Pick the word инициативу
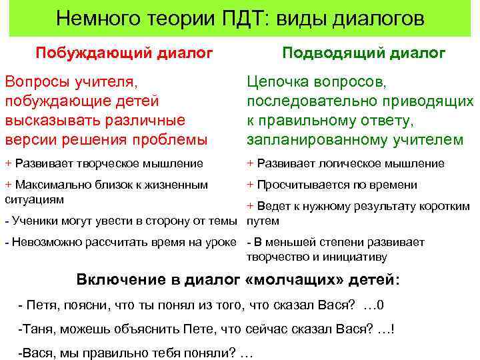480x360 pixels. click(357, 256)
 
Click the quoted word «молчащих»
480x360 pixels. click(291, 281)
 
